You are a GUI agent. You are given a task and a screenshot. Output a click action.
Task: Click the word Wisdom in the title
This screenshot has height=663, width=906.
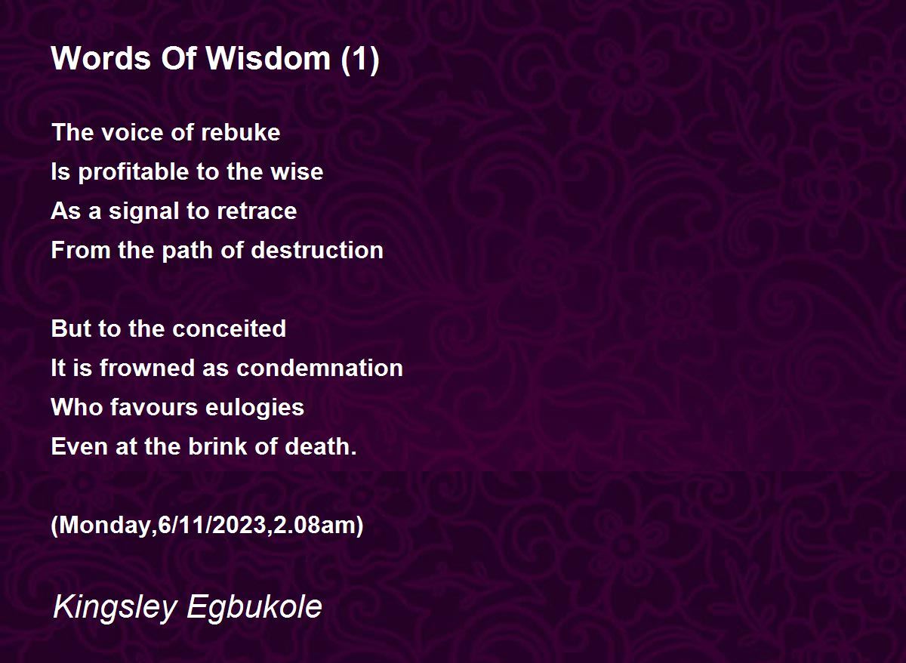pyautogui.click(x=269, y=58)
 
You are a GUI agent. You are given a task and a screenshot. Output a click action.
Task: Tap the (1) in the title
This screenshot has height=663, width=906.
pyautogui.click(x=360, y=60)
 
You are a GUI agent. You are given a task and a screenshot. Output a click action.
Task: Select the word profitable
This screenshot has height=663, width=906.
pyautogui.click(x=134, y=172)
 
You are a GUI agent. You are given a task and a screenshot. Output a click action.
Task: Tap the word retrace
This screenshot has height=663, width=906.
pyautogui.click(x=257, y=211)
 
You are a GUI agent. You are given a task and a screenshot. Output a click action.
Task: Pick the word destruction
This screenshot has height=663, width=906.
pyautogui.click(x=317, y=250)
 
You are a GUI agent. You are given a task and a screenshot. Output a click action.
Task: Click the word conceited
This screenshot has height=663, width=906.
pyautogui.click(x=230, y=328)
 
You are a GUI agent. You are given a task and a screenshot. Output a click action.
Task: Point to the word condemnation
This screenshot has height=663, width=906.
pyautogui.click(x=319, y=368)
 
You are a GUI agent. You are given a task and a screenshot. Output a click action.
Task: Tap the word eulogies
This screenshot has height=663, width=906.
pyautogui.click(x=255, y=408)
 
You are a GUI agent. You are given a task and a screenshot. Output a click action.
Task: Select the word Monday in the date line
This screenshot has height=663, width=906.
pyautogui.click(x=105, y=525)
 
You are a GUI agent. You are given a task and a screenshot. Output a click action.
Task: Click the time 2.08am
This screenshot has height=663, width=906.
pyautogui.click(x=314, y=525)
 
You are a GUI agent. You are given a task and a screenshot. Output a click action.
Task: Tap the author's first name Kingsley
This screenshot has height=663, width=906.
pyautogui.click(x=115, y=608)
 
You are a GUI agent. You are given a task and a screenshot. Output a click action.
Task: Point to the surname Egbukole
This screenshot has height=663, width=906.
pyautogui.click(x=254, y=608)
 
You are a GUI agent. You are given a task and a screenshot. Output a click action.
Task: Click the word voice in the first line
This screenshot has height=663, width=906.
pyautogui.click(x=132, y=132)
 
